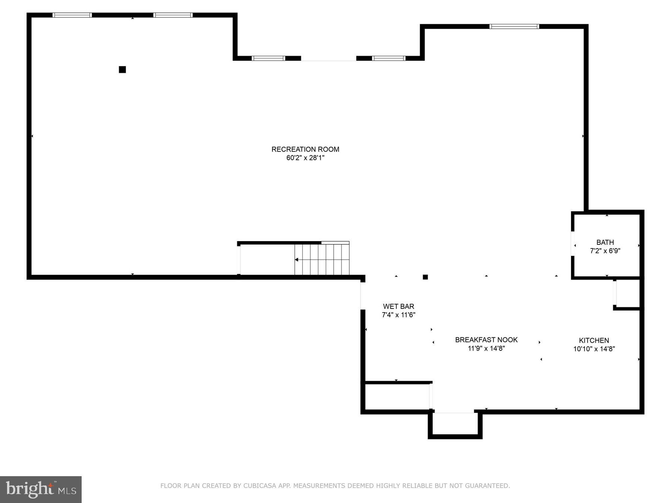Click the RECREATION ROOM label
click(305, 149)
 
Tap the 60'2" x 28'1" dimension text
click(305, 158)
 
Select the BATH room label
click(605, 242)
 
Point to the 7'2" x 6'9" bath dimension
click(605, 251)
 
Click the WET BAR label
click(398, 306)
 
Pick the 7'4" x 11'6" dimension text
click(398, 315)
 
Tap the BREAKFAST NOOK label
click(486, 340)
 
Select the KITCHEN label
click(594, 341)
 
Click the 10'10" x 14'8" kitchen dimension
click(594, 349)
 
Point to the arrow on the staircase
click(297, 260)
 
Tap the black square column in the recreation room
click(122, 70)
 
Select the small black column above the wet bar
click(425, 277)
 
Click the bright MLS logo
click(41, 489)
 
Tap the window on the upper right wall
click(514, 26)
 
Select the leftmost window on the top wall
click(72, 15)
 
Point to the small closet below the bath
click(628, 293)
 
